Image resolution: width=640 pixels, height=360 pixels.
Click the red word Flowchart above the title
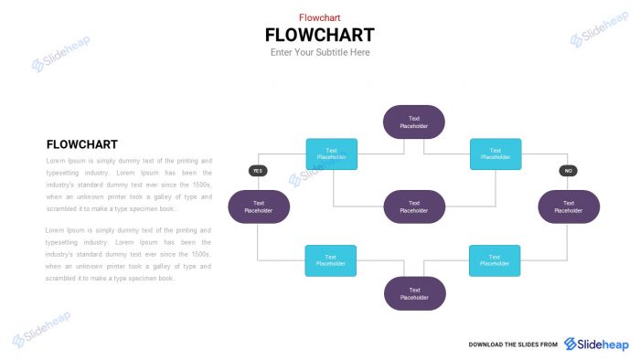pos(319,17)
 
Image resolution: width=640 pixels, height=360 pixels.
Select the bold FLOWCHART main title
pos(319,35)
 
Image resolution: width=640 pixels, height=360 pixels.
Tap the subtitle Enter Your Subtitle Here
pos(320,53)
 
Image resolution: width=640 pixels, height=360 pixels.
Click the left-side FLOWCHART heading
pos(81,144)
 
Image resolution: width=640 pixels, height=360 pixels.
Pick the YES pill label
pos(258,171)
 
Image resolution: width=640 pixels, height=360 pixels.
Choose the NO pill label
pos(568,171)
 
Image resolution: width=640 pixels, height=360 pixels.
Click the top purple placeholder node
pos(413,122)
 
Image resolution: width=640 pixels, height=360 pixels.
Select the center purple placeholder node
pos(413,206)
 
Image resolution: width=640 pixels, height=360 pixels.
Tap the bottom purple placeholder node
pos(413,293)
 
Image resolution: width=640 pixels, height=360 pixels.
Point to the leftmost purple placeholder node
pos(259,206)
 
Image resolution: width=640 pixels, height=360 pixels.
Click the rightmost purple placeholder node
pos(569,206)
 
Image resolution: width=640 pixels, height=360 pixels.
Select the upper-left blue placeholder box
pos(331,154)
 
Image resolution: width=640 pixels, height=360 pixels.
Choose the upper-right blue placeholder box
pos(496,154)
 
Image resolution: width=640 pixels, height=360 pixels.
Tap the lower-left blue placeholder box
pos(331,260)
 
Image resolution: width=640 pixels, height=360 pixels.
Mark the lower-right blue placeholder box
pos(495,260)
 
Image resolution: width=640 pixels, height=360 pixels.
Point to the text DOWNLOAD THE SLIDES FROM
pos(513,344)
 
